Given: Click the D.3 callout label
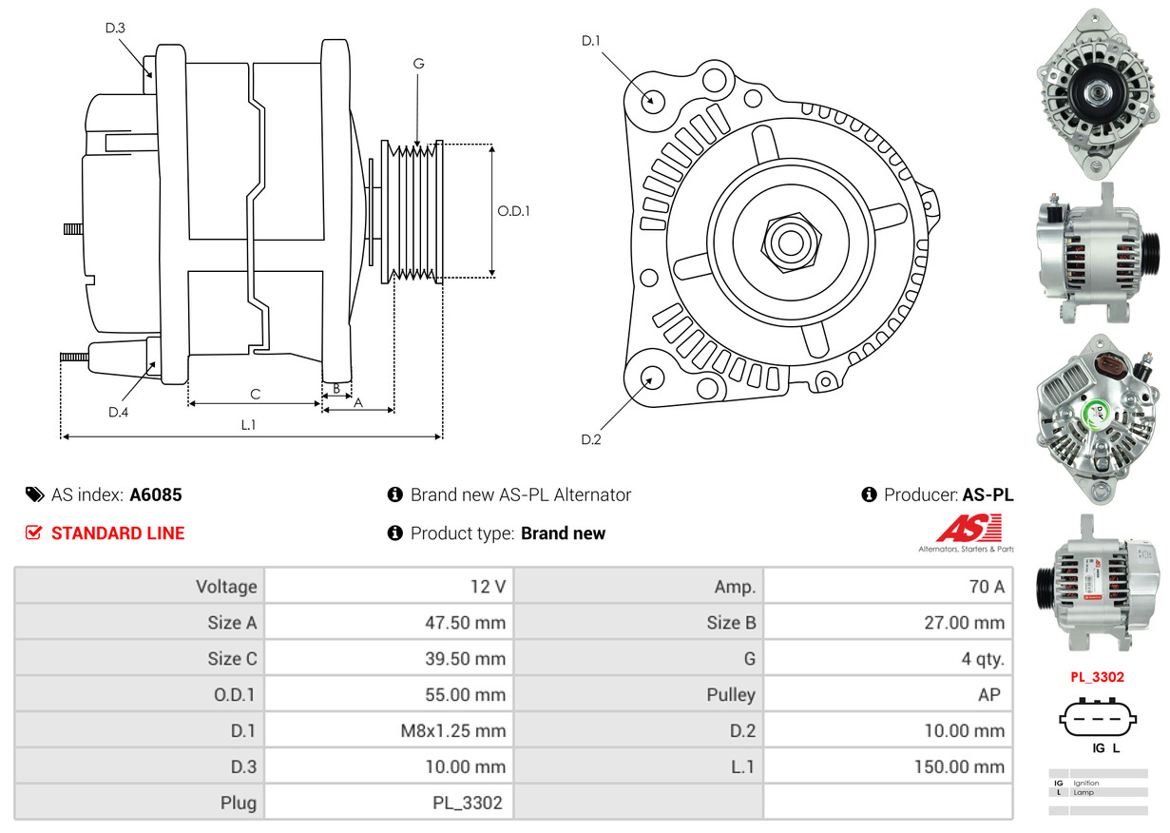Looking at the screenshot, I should point(115,28).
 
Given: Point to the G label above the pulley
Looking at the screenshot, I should point(418,64).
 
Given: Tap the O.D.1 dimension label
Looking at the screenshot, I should point(514,211).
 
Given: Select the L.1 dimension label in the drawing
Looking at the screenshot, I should point(248,425).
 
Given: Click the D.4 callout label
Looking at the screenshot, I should point(118,412).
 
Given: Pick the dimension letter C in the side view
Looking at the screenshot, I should point(255,394).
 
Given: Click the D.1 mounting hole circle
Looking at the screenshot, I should point(652,100).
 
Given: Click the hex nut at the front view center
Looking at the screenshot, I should point(788,240).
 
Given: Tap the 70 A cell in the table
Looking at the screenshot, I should point(986,587).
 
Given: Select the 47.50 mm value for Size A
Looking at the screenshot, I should point(465,623).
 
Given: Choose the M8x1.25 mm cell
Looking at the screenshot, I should point(451,731).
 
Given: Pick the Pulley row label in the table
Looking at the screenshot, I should point(731,694).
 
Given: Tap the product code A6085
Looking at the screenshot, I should point(156,494).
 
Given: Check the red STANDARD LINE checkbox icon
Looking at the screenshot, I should point(33,533).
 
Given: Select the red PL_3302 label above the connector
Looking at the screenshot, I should point(1097,677).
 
